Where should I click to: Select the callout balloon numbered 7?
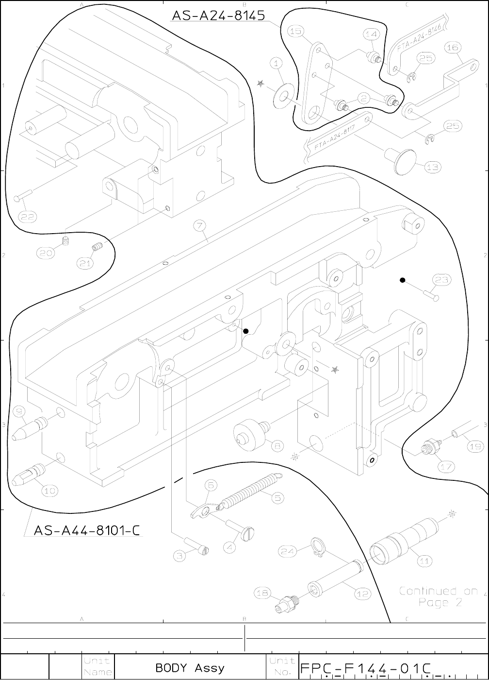(x=199, y=226)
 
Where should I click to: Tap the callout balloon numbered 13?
(x=433, y=167)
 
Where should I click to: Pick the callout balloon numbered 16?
(x=452, y=48)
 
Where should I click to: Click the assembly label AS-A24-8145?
(x=218, y=16)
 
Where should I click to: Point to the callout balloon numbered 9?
(x=20, y=412)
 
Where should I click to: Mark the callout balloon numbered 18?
(x=262, y=592)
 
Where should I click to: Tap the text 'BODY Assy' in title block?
(x=190, y=667)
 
